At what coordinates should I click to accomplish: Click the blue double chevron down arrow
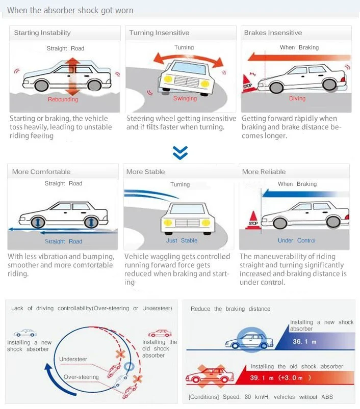click(x=180, y=152)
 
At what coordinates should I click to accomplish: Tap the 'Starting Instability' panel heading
click(x=42, y=33)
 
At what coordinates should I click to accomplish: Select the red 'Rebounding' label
click(x=63, y=99)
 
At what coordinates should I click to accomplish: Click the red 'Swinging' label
click(x=185, y=98)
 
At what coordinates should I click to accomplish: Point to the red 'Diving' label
click(x=297, y=98)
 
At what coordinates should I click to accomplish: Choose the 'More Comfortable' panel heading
click(x=42, y=172)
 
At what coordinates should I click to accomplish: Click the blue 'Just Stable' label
click(x=182, y=240)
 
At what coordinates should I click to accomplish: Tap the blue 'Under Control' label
click(x=297, y=240)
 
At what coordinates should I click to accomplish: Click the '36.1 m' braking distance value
click(x=304, y=341)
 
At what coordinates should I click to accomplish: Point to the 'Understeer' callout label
click(x=73, y=359)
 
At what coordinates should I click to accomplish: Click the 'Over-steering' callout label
click(x=81, y=377)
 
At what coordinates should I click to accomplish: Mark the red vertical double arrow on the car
click(x=72, y=76)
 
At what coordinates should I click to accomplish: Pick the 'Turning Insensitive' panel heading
click(x=159, y=33)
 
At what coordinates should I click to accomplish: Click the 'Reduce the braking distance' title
click(x=230, y=309)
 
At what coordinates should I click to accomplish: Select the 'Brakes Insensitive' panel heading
click(x=273, y=33)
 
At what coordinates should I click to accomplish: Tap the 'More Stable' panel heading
click(x=145, y=172)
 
